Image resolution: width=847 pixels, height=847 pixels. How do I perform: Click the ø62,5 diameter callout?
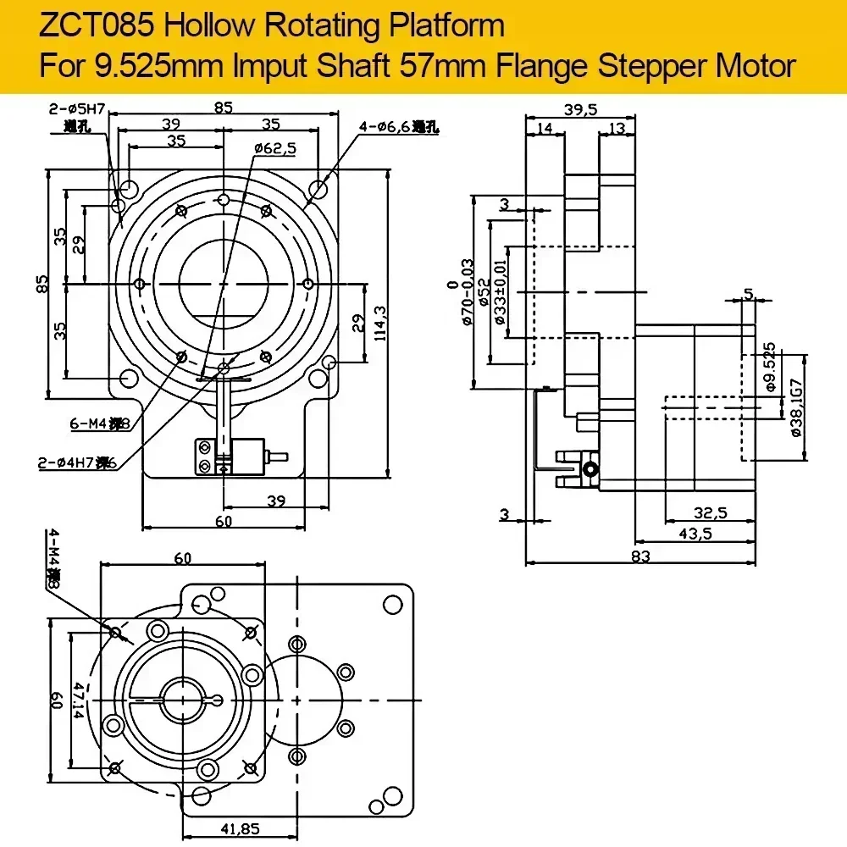click(x=274, y=147)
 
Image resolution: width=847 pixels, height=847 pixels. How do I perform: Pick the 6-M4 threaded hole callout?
click(x=99, y=423)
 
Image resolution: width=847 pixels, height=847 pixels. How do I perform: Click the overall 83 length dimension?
click(x=640, y=556)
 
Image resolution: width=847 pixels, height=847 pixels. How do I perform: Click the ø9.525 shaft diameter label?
click(x=769, y=367)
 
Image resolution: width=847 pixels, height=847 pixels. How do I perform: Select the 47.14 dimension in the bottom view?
click(x=78, y=702)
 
